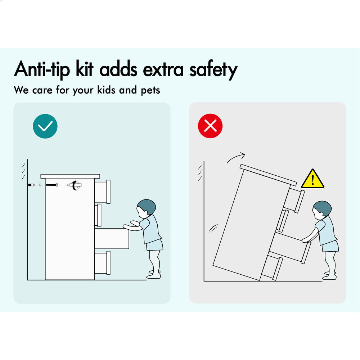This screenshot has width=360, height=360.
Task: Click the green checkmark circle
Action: point(45,126)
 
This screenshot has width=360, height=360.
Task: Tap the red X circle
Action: point(210,126)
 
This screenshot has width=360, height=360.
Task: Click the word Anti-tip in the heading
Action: point(42,69)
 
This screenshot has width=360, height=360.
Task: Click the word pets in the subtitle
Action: point(150,90)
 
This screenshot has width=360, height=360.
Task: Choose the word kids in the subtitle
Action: point(106,90)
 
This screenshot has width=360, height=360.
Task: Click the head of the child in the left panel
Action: point(146,208)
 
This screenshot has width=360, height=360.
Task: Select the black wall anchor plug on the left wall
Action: point(31,185)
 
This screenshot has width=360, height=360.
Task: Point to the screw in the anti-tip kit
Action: point(51,185)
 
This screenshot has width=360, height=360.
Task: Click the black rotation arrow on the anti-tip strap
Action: point(75,185)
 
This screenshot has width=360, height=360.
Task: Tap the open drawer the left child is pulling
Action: point(112,239)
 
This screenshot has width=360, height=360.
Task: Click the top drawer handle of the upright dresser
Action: point(108,192)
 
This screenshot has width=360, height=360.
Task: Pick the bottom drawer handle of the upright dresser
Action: point(108,263)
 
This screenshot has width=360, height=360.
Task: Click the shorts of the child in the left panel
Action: point(154,245)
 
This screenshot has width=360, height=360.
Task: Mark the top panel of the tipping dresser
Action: point(269,175)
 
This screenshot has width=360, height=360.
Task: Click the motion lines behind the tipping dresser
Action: point(213,229)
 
